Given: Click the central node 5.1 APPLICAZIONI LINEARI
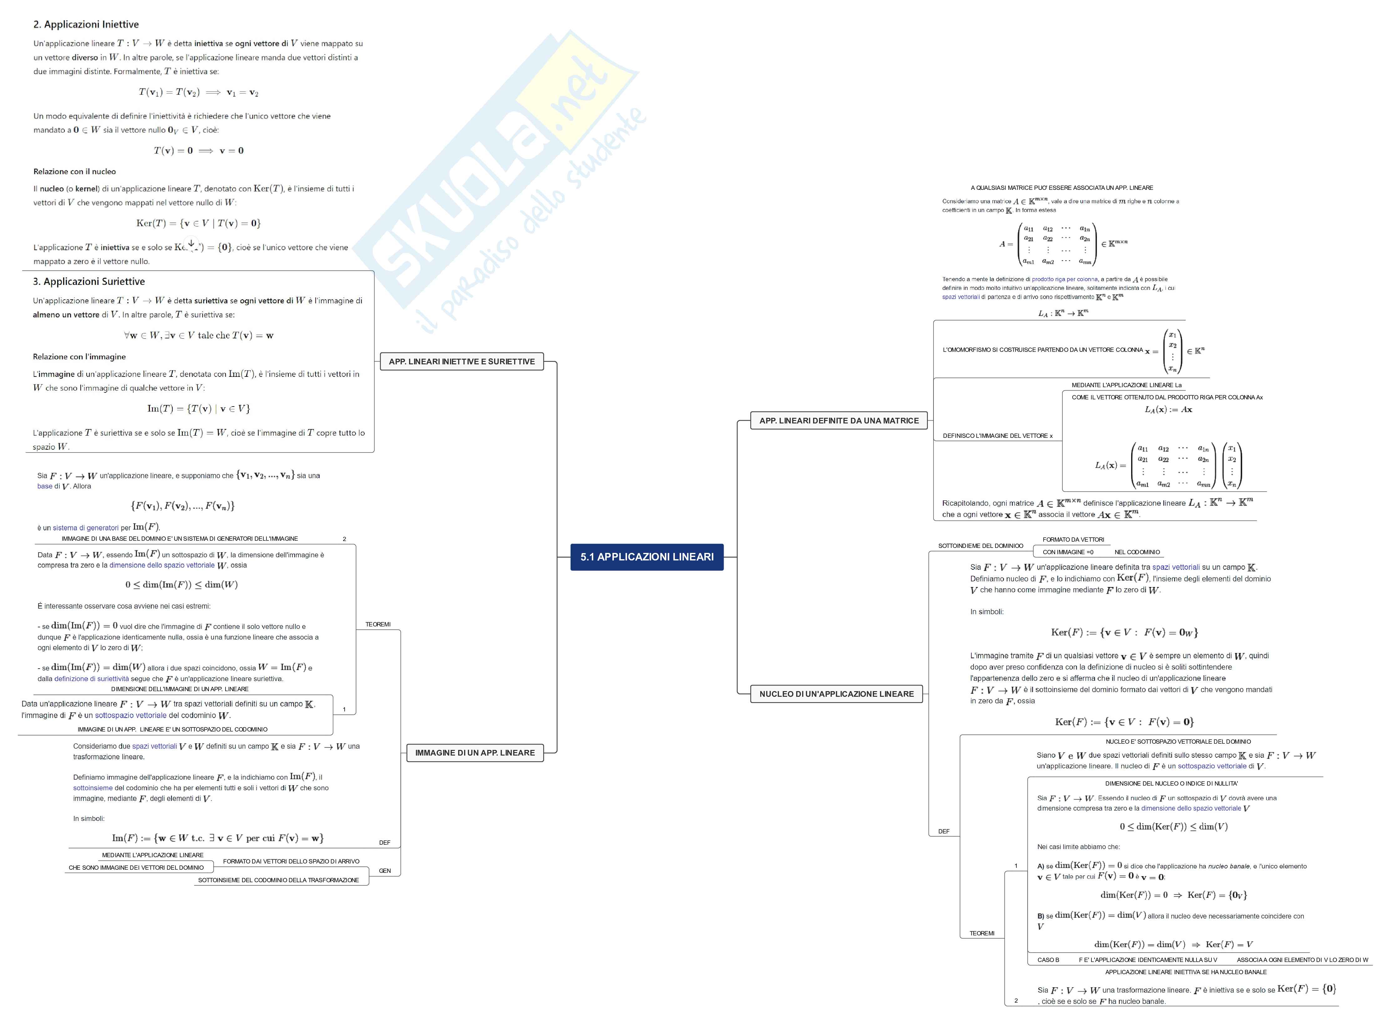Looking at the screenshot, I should (646, 557).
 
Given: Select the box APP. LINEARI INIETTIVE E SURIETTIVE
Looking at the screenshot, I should (461, 361).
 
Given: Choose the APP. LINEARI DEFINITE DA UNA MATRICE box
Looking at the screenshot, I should (839, 421).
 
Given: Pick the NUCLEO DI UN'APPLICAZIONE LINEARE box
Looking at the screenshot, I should (836, 694).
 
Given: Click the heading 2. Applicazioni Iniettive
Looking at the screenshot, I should (86, 25).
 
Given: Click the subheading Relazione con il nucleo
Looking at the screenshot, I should (74, 171).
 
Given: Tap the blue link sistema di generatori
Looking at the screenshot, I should (85, 528).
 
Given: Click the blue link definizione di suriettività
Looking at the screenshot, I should (92, 679).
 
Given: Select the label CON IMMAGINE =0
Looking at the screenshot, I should (1068, 552).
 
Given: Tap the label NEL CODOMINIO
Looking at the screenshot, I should (1137, 552).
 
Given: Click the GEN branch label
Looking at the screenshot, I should (385, 870).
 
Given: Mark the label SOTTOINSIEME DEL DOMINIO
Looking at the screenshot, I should (980, 546).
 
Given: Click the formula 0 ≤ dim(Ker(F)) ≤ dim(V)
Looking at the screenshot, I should (1173, 827).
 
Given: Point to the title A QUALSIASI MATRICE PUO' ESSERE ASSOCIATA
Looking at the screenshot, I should (1061, 187).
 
